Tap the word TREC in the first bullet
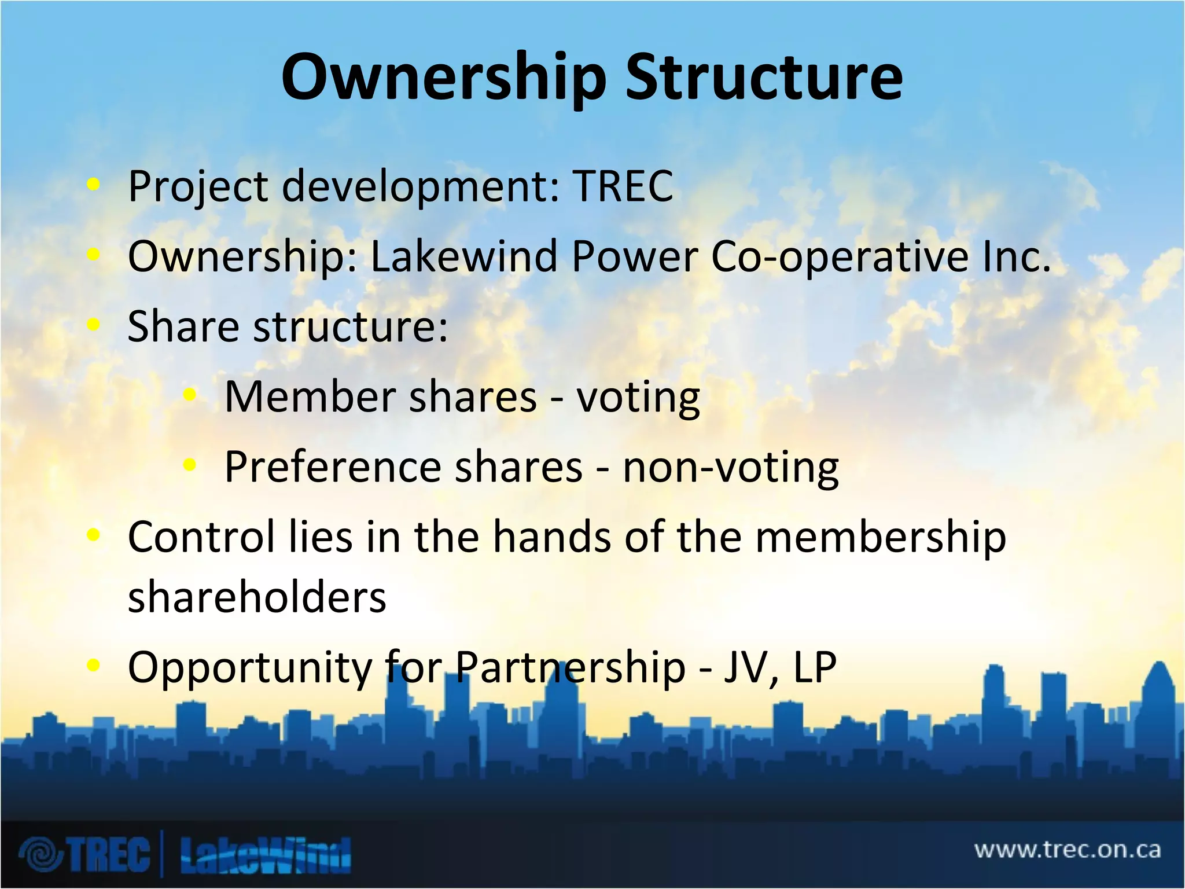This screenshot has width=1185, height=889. coord(623,186)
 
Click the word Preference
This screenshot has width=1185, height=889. coord(333,467)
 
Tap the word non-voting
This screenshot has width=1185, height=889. coord(730,468)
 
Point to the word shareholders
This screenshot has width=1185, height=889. coord(257,597)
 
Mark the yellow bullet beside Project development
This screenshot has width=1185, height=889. coord(93,185)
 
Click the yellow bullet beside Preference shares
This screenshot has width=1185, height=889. coord(189,465)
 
